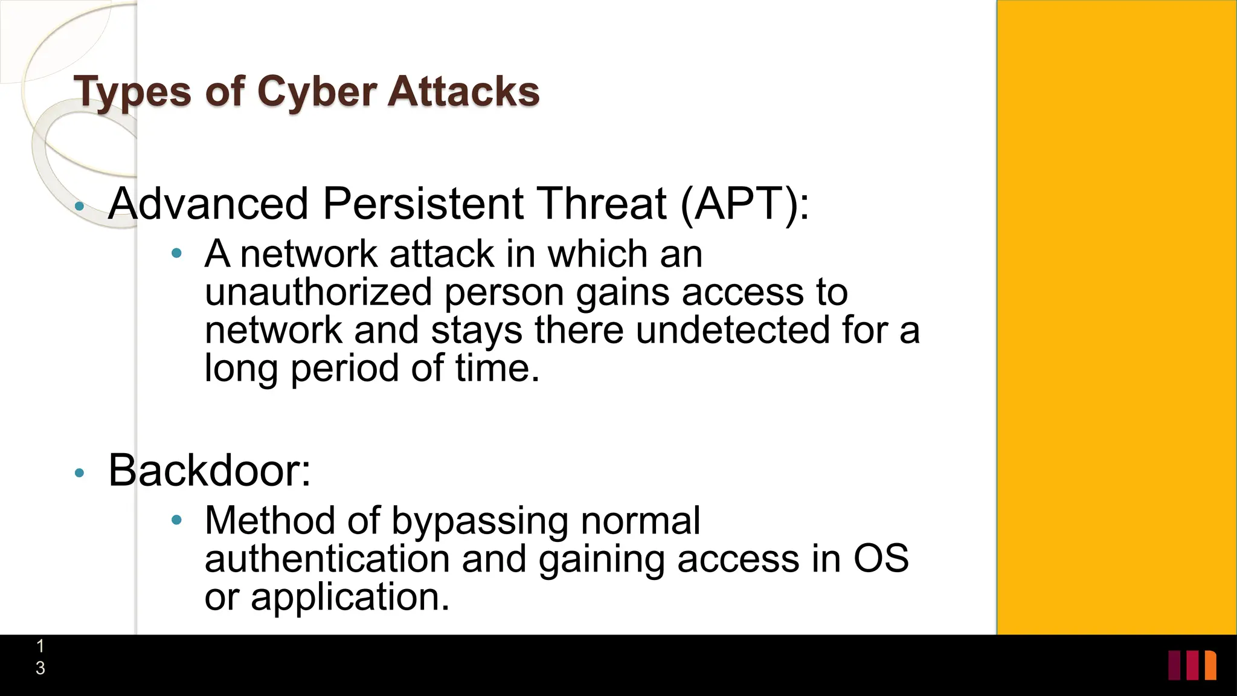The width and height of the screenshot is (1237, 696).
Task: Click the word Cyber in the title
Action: click(317, 92)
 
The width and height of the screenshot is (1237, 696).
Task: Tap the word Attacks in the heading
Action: click(463, 92)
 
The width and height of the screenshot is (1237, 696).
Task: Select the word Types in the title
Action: click(133, 92)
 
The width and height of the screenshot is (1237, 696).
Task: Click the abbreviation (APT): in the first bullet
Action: click(745, 204)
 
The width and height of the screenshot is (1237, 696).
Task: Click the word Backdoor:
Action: click(210, 470)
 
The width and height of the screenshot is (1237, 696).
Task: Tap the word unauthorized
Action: click(318, 292)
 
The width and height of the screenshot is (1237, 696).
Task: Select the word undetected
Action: click(733, 330)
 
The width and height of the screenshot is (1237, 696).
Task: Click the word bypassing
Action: click(480, 521)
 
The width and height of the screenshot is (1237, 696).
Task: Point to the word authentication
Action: click(327, 559)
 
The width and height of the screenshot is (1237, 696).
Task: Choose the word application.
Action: click(350, 598)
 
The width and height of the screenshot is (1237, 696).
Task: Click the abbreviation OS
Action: click(881, 559)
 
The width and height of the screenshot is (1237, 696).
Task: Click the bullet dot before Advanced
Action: click(79, 207)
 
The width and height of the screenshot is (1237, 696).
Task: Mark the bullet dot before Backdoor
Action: click(79, 473)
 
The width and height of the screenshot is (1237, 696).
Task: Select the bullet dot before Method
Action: click(176, 520)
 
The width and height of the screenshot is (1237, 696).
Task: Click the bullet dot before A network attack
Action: click(176, 254)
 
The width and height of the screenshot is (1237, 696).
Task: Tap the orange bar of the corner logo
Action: click(1210, 665)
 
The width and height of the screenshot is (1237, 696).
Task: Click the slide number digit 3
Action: click(40, 668)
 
